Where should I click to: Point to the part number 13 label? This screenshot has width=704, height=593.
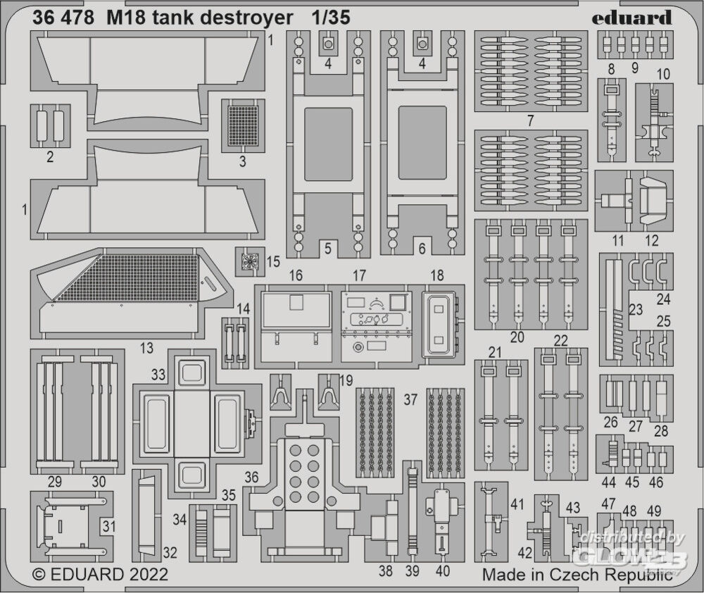point(146,347)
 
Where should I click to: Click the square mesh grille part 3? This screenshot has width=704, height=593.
point(243,125)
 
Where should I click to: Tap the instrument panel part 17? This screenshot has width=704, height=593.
point(376,323)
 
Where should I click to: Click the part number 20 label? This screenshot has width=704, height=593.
point(517,337)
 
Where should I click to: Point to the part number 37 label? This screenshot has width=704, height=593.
point(410,399)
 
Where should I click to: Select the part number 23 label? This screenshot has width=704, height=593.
point(635,309)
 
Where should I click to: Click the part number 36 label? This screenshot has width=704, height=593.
point(251,477)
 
